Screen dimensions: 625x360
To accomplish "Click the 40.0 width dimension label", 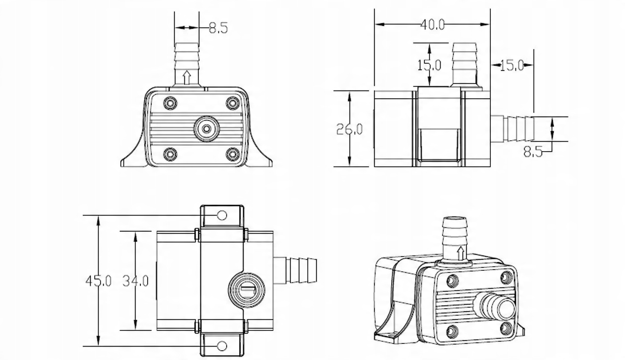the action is tap(432, 25).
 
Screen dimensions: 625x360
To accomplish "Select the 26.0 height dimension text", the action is tap(350, 129).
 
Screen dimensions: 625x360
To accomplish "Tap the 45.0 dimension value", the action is tap(98, 281).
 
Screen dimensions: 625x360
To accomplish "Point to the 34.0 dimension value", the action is tap(135, 281).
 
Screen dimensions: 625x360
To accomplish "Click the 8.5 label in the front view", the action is tap(219, 28).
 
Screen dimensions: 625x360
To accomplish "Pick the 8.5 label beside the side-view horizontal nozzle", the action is tap(533, 152).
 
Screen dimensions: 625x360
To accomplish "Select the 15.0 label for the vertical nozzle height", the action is tap(429, 65).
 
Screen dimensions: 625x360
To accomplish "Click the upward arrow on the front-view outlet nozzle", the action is tap(187, 77).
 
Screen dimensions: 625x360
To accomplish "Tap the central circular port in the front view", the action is tap(206, 129).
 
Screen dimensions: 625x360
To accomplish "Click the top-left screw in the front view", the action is tap(170, 103).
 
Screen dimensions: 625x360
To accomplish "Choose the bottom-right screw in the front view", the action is tap(232, 154).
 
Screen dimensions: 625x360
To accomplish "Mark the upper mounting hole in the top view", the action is tap(222, 215).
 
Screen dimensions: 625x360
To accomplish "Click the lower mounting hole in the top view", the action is tap(222, 346).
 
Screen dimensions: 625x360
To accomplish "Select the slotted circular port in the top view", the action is tap(246, 289).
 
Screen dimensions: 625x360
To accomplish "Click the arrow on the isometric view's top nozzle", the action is tap(460, 253).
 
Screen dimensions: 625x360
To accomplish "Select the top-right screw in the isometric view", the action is tap(507, 277).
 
